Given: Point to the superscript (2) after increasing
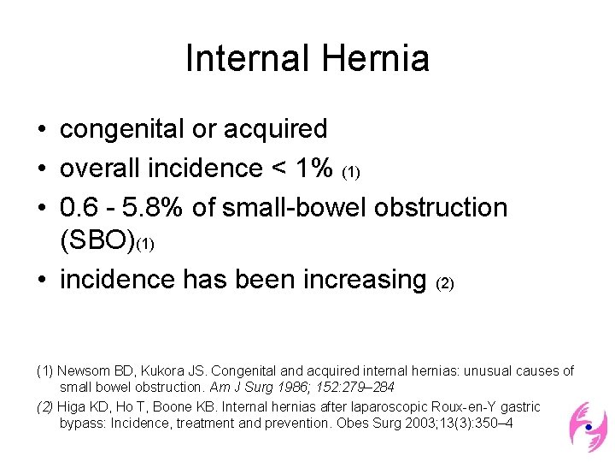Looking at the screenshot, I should tap(445, 283).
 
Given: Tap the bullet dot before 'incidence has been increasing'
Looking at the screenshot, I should tap(41, 281).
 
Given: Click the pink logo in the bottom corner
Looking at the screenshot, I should tap(588, 425).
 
